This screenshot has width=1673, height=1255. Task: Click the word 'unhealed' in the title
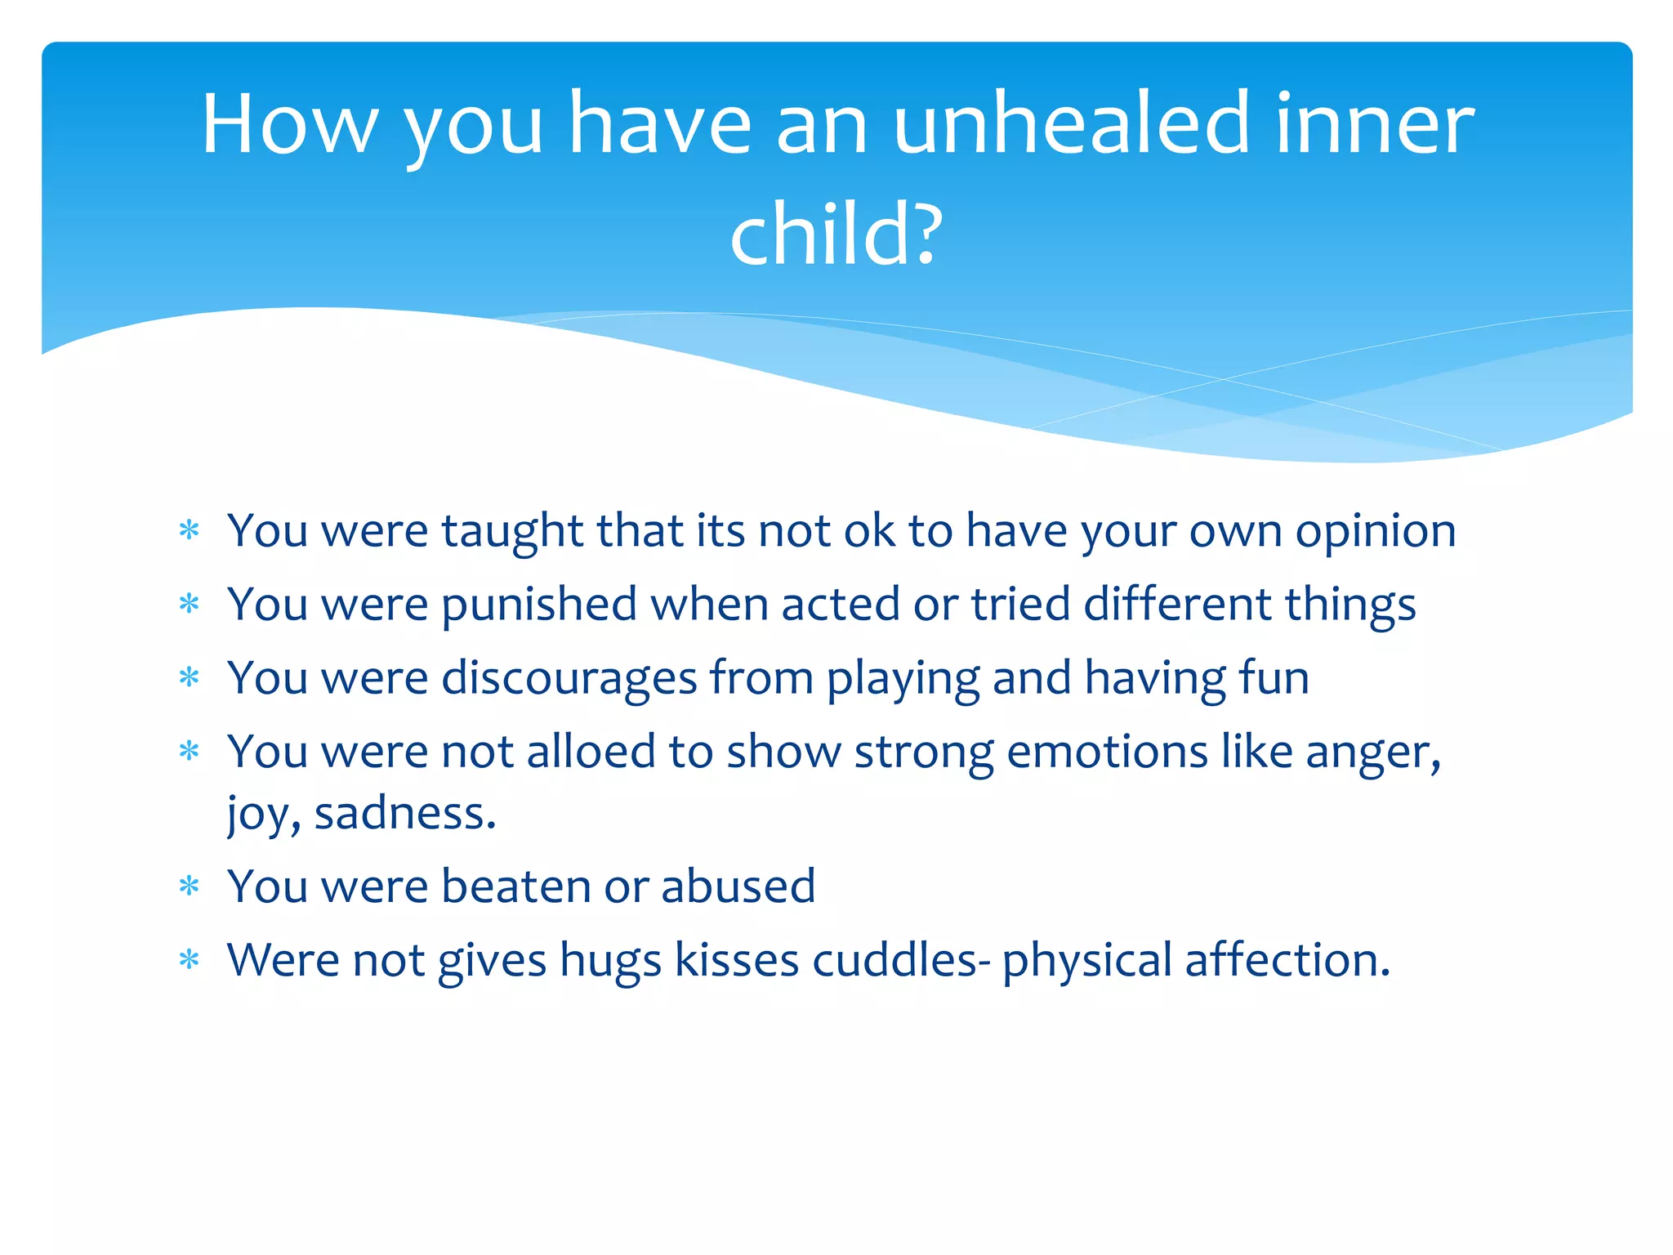1071,124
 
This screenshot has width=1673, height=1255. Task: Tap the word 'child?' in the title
836,235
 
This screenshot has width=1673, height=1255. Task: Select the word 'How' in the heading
290,124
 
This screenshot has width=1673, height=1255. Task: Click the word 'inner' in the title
1373,124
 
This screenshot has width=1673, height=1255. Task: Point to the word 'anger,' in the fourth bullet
1372,753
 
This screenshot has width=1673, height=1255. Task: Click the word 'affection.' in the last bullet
1287,961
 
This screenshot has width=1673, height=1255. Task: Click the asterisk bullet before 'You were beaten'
190,887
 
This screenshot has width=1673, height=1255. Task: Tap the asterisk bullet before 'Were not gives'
190,961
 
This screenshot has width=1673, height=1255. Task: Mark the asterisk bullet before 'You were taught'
190,531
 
